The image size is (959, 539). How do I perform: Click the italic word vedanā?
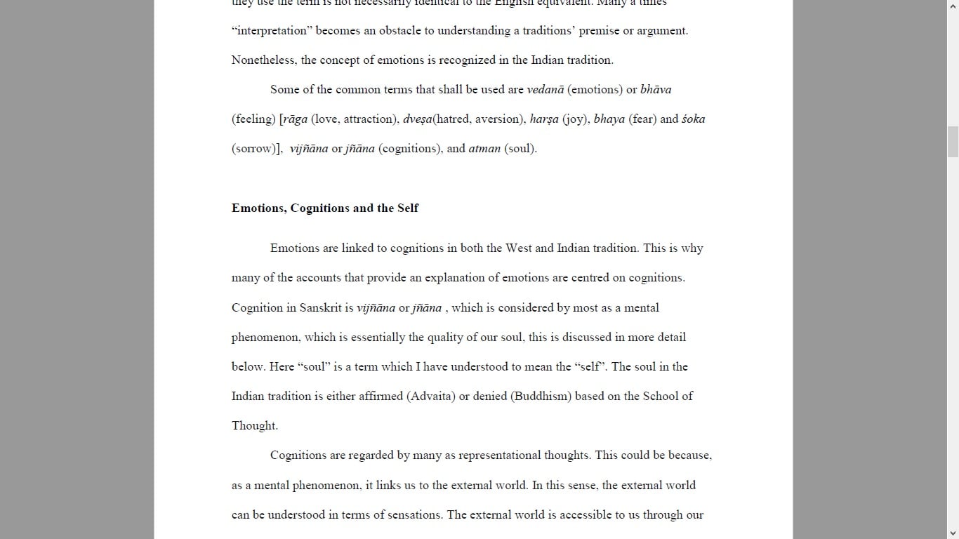[x=545, y=90]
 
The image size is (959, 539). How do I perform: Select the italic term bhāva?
[x=656, y=90]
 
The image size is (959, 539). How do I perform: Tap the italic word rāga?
[x=295, y=119]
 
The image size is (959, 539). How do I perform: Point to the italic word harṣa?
[x=544, y=119]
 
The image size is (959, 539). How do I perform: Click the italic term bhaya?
[x=609, y=119]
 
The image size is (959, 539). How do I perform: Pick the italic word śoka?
[x=693, y=119]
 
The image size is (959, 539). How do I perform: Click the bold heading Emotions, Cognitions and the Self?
[x=325, y=208]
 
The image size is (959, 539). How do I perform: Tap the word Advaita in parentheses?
[x=431, y=397]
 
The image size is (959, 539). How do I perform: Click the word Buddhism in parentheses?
[x=541, y=397]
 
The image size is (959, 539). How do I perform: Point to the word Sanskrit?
[x=320, y=308]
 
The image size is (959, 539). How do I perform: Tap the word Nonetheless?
[x=263, y=60]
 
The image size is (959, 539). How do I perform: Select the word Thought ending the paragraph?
[x=253, y=426]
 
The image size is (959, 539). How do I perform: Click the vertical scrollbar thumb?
[x=953, y=142]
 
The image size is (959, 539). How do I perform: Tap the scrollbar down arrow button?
[x=953, y=533]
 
